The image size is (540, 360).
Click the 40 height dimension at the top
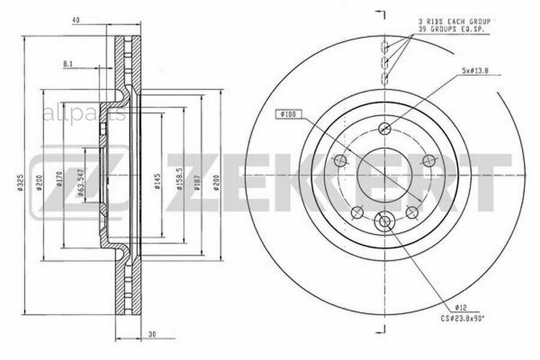pos(76,20)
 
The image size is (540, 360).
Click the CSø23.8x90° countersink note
pos(463,319)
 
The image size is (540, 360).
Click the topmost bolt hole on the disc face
pos(385,128)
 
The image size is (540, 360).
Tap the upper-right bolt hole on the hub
pos(428,160)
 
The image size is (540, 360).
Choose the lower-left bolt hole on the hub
pos(358,212)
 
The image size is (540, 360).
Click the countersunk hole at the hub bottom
pos(385,222)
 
